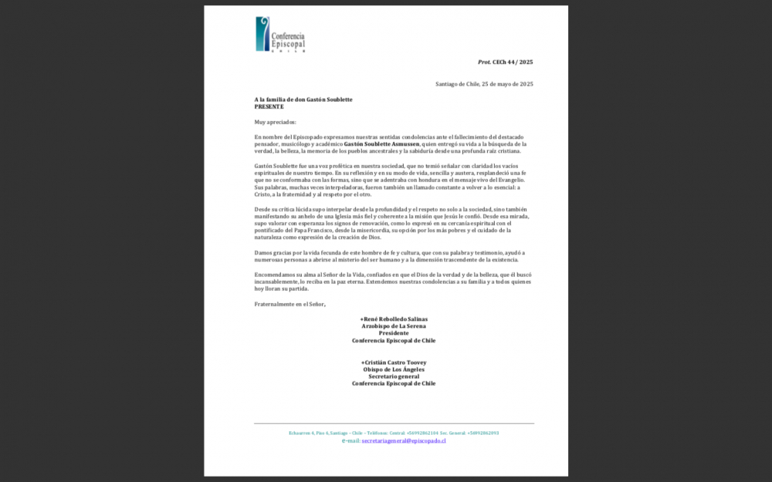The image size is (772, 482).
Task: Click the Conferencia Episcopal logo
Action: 279,35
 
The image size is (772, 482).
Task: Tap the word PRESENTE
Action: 269,106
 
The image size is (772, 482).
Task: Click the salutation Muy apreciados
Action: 275,122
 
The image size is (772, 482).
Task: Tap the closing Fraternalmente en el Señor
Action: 290,304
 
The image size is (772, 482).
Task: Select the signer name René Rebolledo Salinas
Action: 394,319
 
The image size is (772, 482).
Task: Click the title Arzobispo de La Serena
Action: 394,326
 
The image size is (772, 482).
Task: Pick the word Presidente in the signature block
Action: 394,333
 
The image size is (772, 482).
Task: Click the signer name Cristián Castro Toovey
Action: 394,362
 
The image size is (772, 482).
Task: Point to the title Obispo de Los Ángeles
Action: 394,369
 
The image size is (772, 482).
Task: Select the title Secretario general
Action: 394,376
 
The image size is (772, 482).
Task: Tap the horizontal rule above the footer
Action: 394,423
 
